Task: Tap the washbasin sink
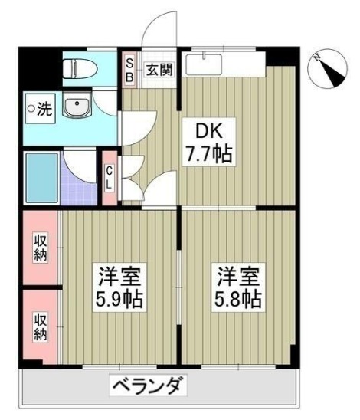pos(76,107)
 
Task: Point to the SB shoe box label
pos(129,70)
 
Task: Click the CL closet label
pos(109,178)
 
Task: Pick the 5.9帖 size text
pos(120,297)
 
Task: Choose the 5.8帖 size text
pos(238,297)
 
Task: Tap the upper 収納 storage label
pos(40,248)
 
